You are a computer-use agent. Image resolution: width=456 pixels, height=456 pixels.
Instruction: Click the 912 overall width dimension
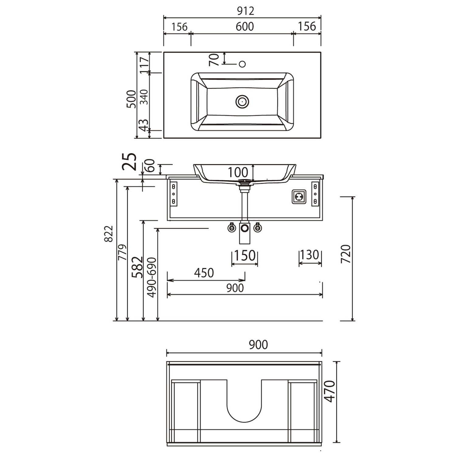point(245,11)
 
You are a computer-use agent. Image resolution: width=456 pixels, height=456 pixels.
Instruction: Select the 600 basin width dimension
point(245,27)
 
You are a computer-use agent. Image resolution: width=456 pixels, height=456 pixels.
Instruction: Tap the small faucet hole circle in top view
point(242,64)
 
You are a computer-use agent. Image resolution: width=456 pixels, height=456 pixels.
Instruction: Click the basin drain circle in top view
point(242,102)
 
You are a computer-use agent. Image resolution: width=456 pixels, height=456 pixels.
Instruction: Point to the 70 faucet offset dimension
point(214,60)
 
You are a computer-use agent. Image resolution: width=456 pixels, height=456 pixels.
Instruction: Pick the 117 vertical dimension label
point(144,65)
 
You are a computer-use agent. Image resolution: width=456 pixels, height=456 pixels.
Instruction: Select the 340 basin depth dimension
point(144,97)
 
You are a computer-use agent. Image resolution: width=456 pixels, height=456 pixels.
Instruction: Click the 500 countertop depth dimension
point(131,99)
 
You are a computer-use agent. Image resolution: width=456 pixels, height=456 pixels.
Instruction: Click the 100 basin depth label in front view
point(238,172)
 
